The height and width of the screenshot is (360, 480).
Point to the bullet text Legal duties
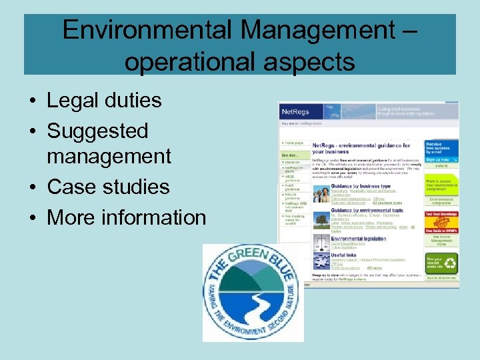tap(104, 101)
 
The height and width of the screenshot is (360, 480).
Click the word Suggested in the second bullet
tap(97, 131)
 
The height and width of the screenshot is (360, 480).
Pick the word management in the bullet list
tap(109, 157)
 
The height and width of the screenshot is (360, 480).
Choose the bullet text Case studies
tap(108, 187)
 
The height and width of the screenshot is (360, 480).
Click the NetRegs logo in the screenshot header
tap(297, 111)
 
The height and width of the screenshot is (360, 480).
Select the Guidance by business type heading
tap(361, 186)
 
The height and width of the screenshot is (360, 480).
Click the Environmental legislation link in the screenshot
tap(358, 239)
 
